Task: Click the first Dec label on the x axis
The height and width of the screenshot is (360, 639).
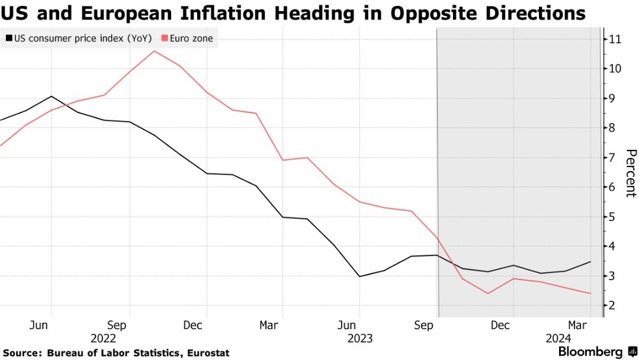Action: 193,325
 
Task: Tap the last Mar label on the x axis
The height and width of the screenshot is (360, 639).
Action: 577,325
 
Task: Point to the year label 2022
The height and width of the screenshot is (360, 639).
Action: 103,338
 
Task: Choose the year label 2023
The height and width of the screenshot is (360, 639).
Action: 360,338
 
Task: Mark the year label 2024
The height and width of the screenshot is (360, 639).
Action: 558,338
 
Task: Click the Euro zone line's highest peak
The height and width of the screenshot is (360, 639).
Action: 154,51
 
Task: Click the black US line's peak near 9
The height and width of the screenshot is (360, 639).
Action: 52,96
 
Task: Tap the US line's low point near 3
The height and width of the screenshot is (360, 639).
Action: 359,277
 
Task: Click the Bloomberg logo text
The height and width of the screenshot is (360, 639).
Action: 589,352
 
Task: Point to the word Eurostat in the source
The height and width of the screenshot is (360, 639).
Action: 208,353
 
